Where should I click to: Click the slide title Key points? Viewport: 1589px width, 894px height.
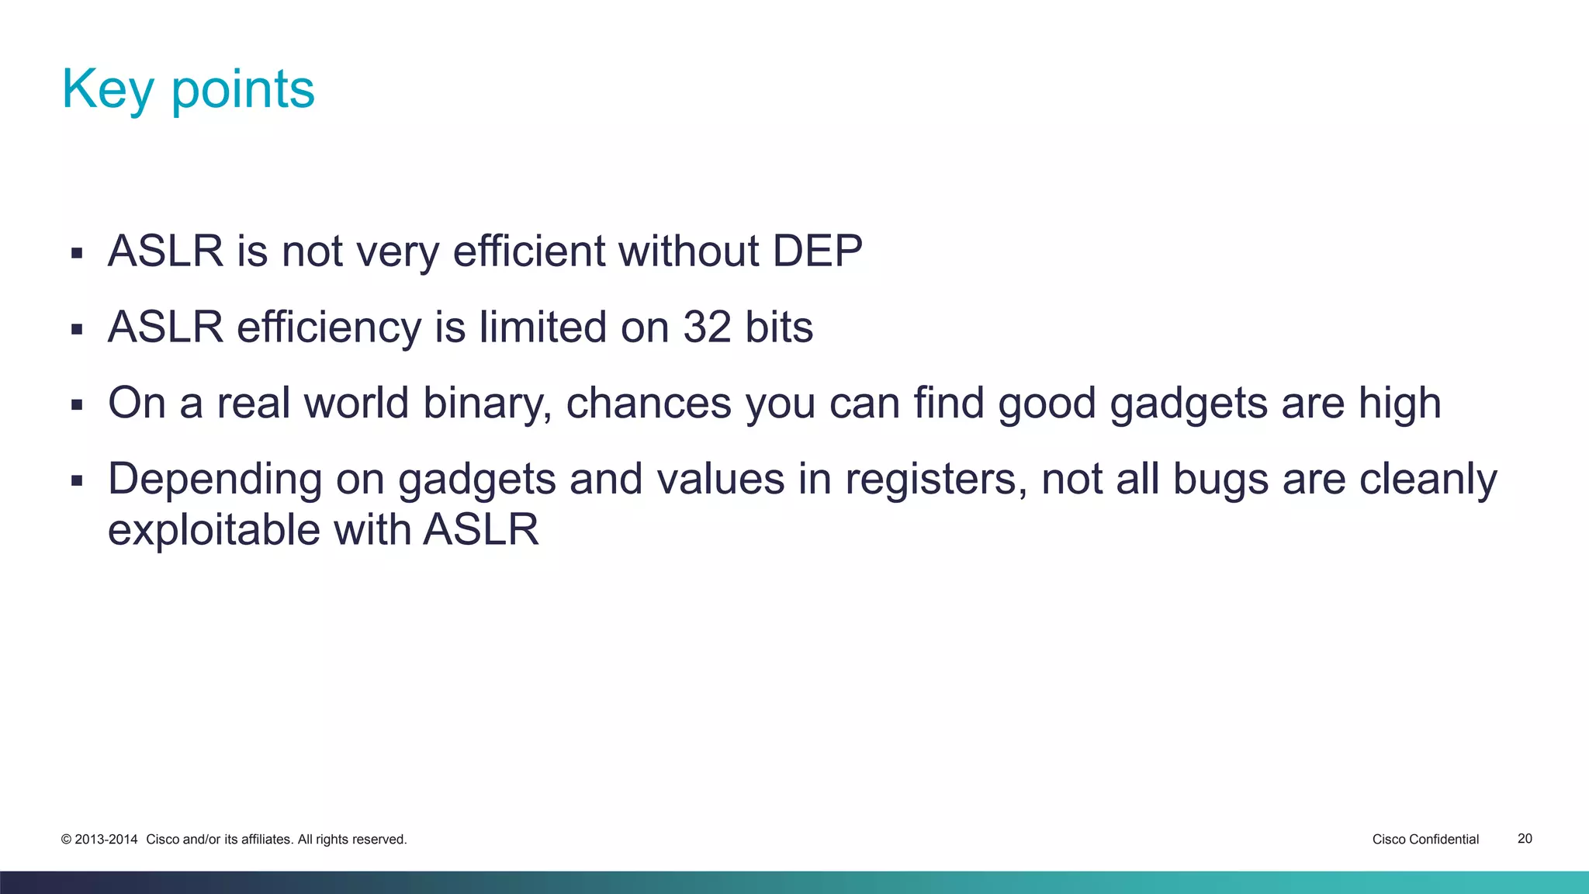[188, 89]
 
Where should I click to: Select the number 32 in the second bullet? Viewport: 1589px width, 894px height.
[707, 327]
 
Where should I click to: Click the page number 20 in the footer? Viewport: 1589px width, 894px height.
[1525, 839]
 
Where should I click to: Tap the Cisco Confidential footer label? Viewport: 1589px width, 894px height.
[1425, 839]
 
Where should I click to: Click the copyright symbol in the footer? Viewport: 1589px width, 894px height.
[66, 840]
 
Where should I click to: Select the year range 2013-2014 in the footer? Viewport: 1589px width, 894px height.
[106, 840]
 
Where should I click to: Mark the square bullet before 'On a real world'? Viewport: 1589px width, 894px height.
[76, 404]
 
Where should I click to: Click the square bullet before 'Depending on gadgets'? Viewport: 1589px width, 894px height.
[76, 480]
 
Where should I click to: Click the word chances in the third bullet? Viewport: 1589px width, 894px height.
[649, 404]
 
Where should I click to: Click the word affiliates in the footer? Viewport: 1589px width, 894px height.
[266, 840]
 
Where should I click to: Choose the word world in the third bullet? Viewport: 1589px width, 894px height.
[356, 404]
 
